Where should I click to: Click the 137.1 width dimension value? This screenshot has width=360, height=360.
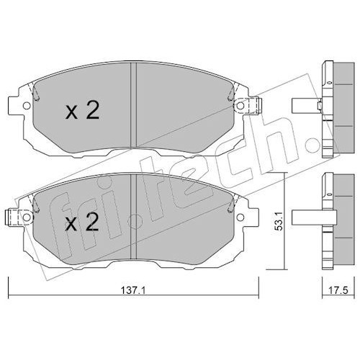tap(132, 291)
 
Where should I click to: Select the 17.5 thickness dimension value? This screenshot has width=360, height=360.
tap(338, 291)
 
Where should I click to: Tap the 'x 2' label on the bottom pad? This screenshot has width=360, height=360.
tap(82, 222)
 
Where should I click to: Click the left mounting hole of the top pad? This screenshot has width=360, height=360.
tap(27, 105)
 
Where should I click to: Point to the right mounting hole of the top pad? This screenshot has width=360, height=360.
tap(240, 105)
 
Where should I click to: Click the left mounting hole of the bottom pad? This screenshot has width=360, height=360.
tap(27, 217)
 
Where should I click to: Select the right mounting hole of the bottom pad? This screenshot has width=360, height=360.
tap(240, 217)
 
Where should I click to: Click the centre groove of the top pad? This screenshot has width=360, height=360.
tap(133, 105)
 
